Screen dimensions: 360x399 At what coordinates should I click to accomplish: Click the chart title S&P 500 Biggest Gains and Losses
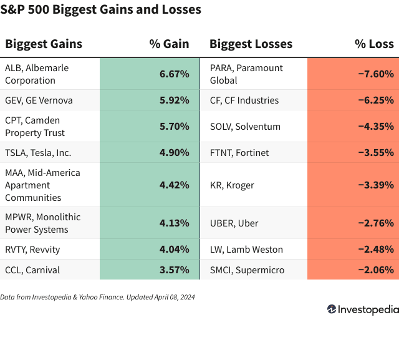(101, 10)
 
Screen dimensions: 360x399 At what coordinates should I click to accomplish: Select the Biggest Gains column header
(44, 44)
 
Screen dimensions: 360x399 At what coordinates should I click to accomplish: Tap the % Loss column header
(374, 44)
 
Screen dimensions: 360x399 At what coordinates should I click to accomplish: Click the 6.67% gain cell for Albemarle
(174, 74)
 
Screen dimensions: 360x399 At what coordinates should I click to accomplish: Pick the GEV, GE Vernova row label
(39, 100)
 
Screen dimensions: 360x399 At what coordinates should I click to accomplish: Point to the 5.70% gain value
(174, 126)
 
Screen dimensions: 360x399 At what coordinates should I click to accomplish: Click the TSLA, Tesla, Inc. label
(38, 152)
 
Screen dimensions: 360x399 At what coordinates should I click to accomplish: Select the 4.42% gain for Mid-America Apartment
(174, 185)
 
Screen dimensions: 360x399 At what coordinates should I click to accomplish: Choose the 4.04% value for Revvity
(174, 249)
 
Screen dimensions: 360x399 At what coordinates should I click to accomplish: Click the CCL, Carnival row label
(32, 270)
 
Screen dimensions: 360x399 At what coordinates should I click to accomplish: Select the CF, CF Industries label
(244, 100)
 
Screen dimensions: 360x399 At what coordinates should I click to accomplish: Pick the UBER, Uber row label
(234, 223)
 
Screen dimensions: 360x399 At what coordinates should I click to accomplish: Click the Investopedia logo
(362, 309)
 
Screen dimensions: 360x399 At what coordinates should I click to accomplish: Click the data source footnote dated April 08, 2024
(97, 297)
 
